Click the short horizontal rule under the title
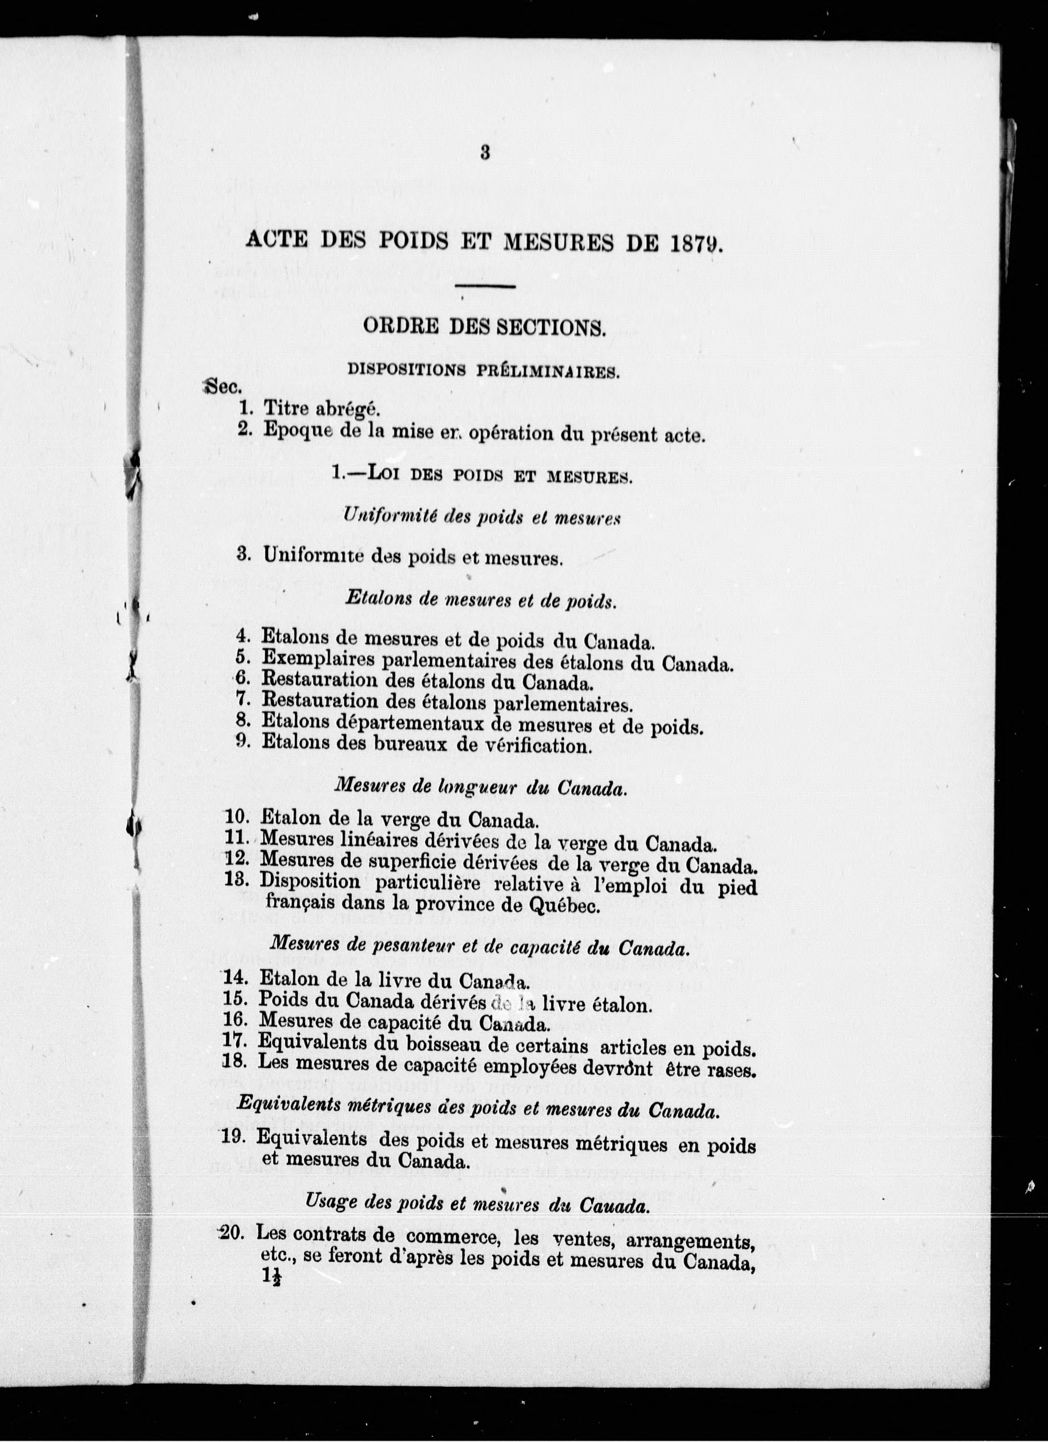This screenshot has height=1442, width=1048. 485,288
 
